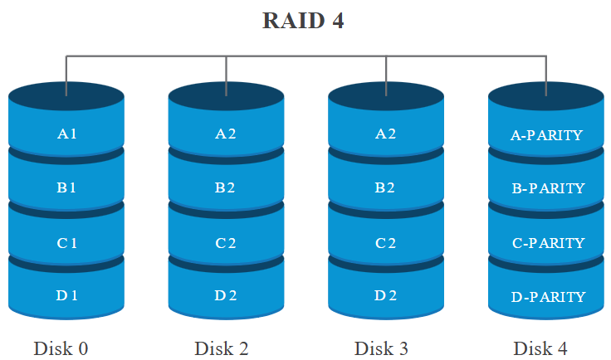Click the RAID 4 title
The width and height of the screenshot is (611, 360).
pyautogui.click(x=303, y=21)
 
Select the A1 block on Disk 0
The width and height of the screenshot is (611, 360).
pyautogui.click(x=66, y=134)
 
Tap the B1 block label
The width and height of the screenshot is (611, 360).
pyautogui.click(x=66, y=187)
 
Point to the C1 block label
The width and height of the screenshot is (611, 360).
pyautogui.click(x=66, y=242)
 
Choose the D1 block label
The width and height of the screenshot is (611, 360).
pyautogui.click(x=66, y=295)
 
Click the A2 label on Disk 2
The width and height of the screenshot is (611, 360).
pyautogui.click(x=226, y=134)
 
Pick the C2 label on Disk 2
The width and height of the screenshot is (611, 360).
pyautogui.click(x=226, y=242)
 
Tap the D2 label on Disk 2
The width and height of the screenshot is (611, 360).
pyautogui.click(x=226, y=295)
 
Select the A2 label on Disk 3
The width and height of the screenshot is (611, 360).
pyautogui.click(x=386, y=134)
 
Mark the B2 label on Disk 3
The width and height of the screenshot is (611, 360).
pyautogui.click(x=386, y=187)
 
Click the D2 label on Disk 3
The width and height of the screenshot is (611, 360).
pyautogui.click(x=386, y=295)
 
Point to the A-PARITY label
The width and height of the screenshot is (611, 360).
pyautogui.click(x=546, y=135)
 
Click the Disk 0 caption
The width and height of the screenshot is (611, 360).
pyautogui.click(x=61, y=348)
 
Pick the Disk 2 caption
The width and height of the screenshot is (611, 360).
pyautogui.click(x=222, y=348)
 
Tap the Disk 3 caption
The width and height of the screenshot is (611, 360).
pyautogui.click(x=381, y=348)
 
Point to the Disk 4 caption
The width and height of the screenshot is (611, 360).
pyautogui.click(x=540, y=348)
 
